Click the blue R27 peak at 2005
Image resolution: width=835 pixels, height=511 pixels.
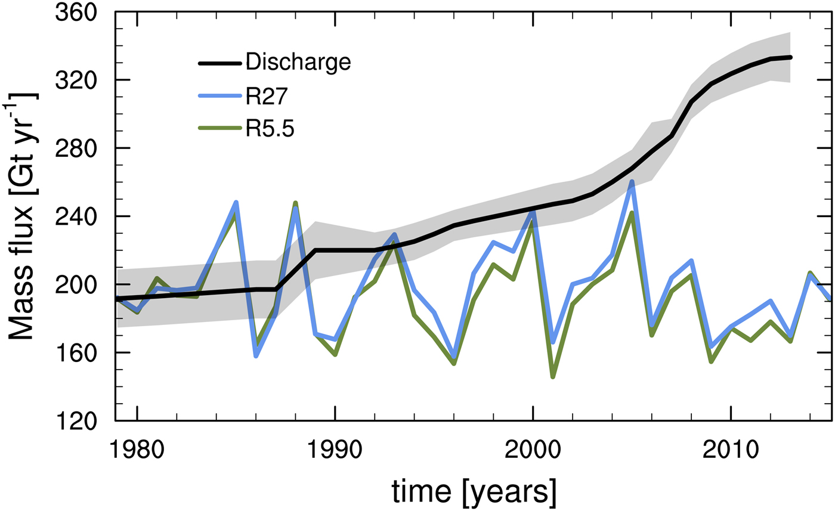tap(632, 181)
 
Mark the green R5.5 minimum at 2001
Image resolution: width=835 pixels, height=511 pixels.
tap(553, 377)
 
